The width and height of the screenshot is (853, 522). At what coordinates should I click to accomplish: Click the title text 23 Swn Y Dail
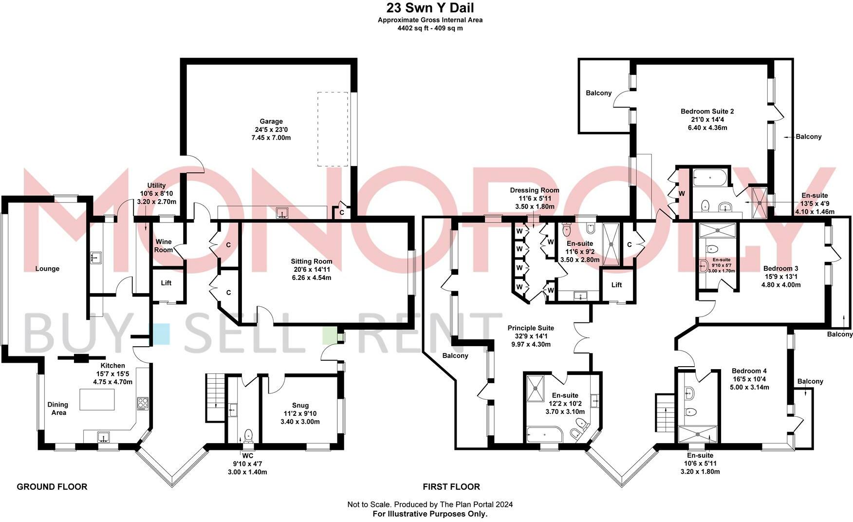click(430, 8)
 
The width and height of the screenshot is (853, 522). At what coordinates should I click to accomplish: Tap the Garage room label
click(271, 122)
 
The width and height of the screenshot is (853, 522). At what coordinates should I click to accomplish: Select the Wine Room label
click(164, 246)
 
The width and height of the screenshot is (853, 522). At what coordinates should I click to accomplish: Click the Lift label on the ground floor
click(166, 283)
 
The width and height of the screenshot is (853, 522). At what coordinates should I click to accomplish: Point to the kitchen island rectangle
click(97, 399)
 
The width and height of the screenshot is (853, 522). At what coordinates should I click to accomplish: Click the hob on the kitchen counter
click(143, 403)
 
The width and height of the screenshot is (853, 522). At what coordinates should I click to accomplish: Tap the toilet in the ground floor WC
click(248, 434)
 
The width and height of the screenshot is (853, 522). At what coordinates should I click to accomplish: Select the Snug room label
click(300, 405)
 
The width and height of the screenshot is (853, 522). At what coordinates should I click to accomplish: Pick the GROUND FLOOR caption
click(52, 486)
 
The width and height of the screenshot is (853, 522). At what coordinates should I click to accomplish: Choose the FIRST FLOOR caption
click(451, 486)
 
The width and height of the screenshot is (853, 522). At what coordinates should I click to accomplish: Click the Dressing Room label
click(535, 190)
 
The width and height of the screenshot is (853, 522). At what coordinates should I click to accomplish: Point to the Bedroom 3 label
click(780, 268)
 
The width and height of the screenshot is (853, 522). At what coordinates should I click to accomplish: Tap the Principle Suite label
click(531, 328)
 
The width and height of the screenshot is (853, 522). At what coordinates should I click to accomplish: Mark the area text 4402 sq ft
click(414, 28)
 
